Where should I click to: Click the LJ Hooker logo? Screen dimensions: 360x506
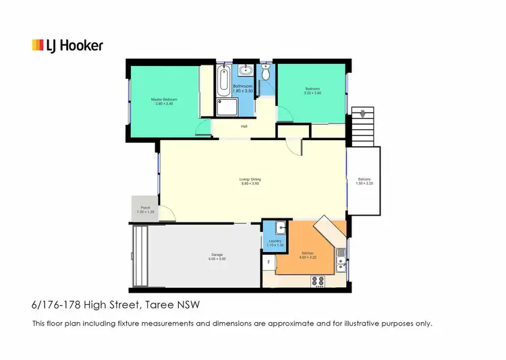pos(67,46)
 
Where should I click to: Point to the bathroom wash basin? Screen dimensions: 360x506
pos(246,69)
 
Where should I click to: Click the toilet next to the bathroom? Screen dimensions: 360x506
pos(266,73)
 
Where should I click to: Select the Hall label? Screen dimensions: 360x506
pos(244,125)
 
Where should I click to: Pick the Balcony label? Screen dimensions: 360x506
pos(364,181)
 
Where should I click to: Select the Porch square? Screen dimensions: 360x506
pos(146,210)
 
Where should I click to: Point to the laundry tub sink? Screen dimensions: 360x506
pos(275,229)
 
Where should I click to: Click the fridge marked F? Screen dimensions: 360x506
pos(269,262)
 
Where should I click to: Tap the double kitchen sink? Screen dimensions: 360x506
pos(341,259)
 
